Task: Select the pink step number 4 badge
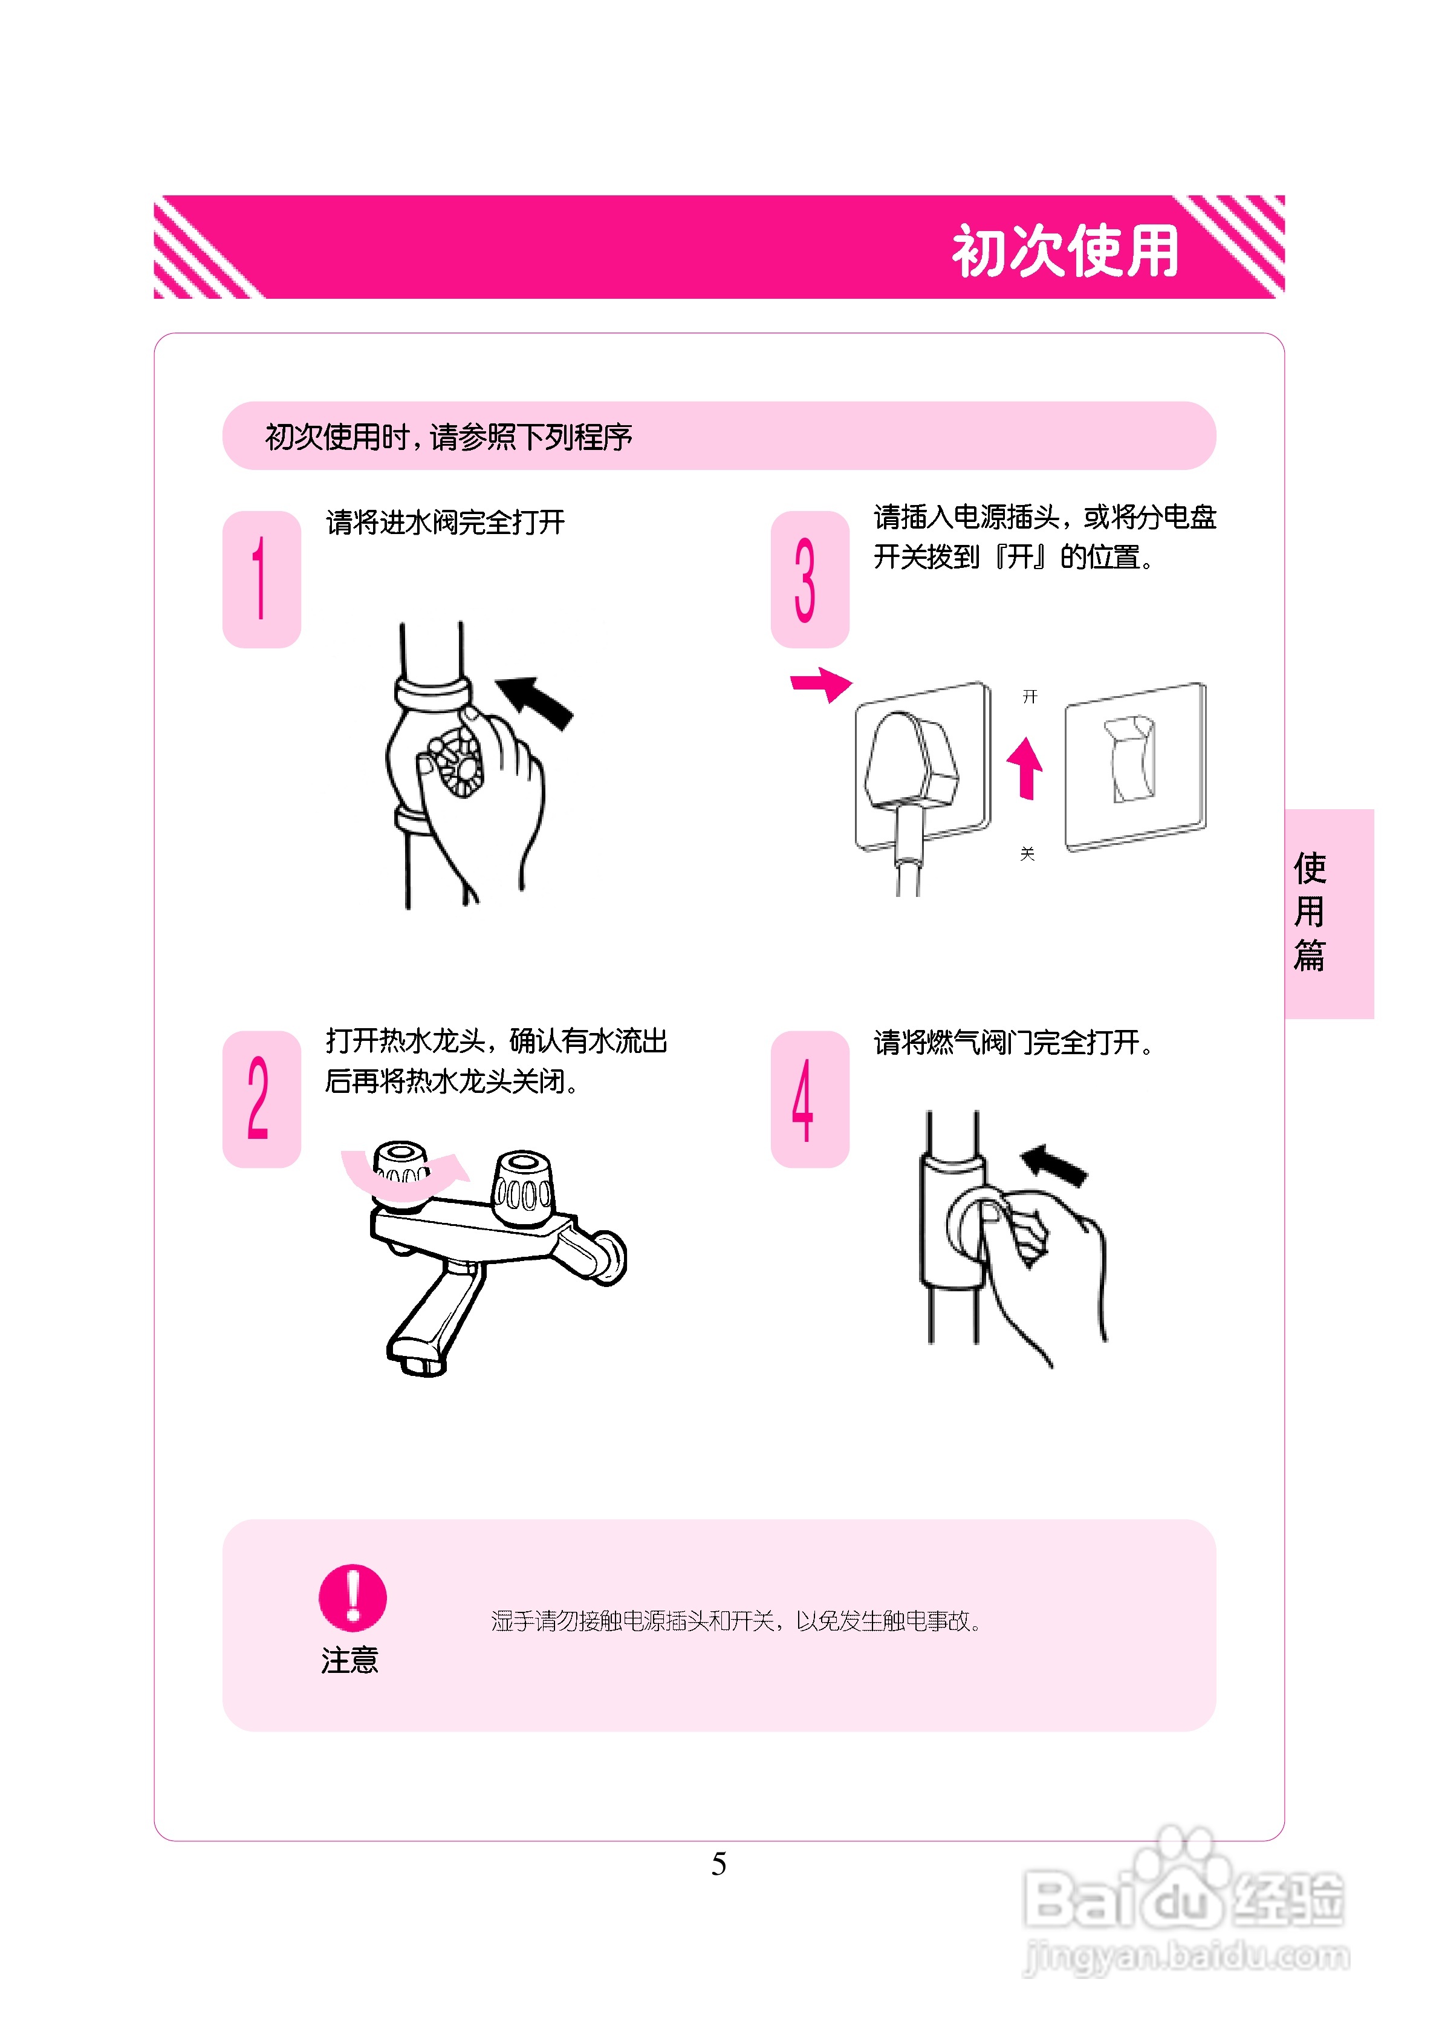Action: tap(808, 1098)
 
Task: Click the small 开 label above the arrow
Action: tap(1029, 697)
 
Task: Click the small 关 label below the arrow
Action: tap(1027, 853)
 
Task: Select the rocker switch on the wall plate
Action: tap(1131, 758)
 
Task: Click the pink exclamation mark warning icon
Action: tap(352, 1597)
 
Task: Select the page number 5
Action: tap(719, 1863)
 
